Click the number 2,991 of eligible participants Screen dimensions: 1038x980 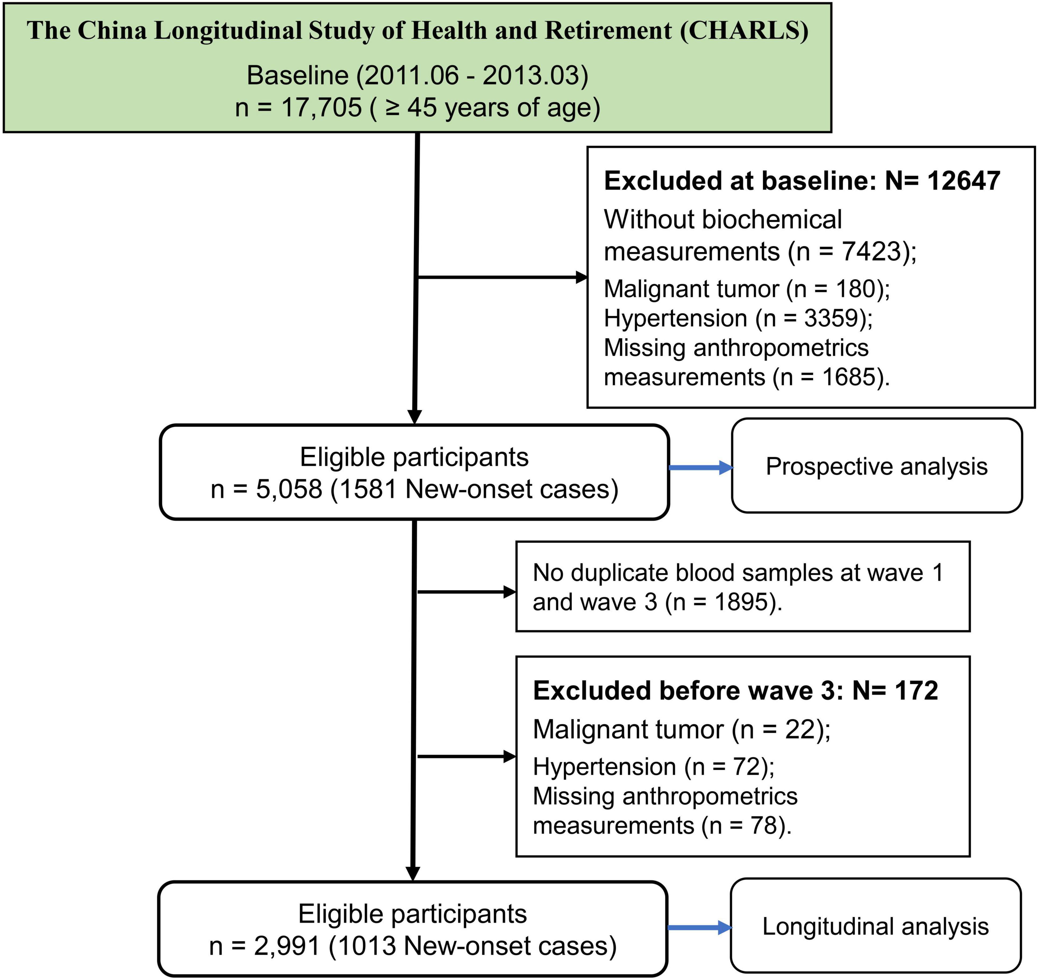coord(287,946)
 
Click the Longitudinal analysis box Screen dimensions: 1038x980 coord(876,926)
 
